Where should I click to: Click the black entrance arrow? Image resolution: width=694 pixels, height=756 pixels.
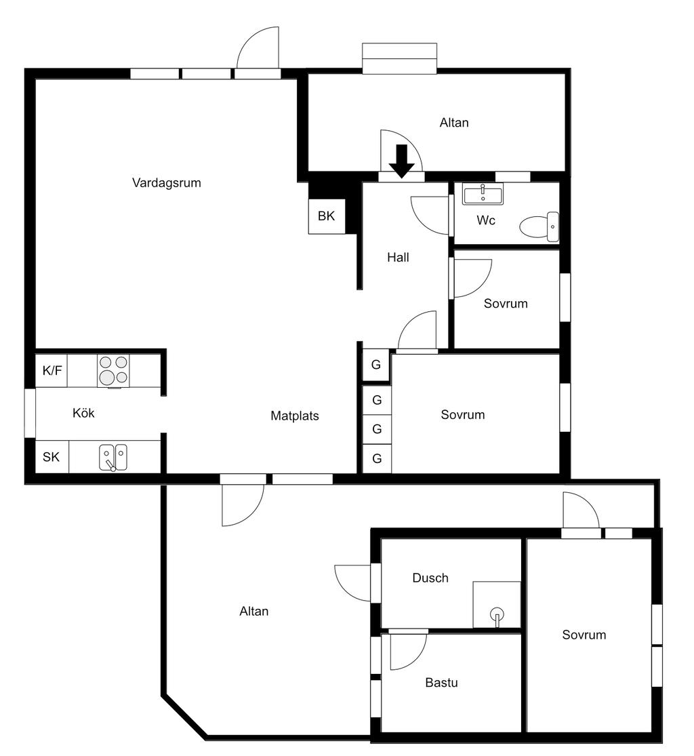(x=402, y=161)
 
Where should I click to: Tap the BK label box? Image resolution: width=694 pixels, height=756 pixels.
(x=327, y=216)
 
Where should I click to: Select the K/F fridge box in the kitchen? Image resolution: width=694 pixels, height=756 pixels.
(x=52, y=371)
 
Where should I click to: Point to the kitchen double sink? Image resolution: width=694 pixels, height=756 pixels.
(x=113, y=457)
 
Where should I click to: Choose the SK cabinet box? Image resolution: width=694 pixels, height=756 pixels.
(x=52, y=457)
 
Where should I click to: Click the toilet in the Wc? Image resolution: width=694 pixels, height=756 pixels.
(x=539, y=226)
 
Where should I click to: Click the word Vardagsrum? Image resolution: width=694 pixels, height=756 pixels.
(x=167, y=182)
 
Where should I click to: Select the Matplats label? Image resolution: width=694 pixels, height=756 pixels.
(x=294, y=416)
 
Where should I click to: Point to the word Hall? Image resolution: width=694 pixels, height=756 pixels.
(x=399, y=258)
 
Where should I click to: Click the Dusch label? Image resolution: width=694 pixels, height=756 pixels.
(x=430, y=578)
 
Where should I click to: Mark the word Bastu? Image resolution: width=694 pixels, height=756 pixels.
(x=441, y=682)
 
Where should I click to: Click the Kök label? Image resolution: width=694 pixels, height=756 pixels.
(x=83, y=413)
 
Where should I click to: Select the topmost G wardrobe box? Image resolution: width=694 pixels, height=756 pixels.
(x=377, y=365)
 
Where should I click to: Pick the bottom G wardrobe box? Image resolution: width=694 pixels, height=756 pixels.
(x=377, y=459)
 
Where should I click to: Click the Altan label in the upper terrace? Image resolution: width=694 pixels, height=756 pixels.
(x=454, y=123)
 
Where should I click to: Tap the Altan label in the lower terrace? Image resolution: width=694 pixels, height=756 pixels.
(x=254, y=611)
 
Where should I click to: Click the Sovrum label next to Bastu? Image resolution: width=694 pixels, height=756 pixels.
(x=584, y=635)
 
